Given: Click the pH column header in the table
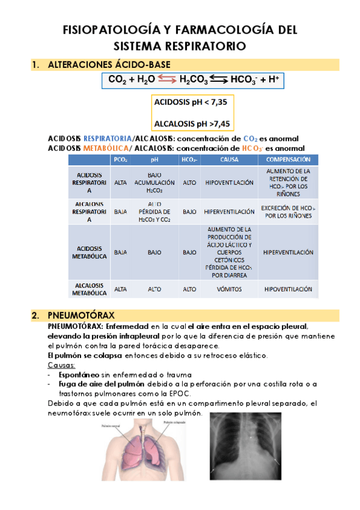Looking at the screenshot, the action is (154, 159).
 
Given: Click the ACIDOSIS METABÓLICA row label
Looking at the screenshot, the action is (90, 252).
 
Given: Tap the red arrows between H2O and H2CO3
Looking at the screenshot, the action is (168, 79).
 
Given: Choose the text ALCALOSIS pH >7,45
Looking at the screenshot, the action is (192, 124).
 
